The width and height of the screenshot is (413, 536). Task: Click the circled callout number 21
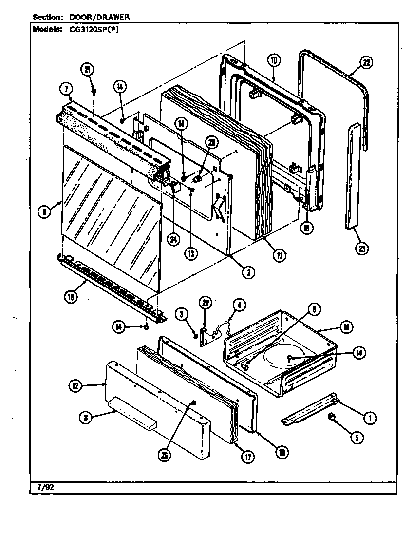(88, 70)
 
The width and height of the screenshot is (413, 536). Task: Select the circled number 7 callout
(66, 89)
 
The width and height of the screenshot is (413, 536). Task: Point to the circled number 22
(366, 62)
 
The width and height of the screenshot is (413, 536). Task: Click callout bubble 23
(361, 249)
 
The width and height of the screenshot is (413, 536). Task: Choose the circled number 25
(211, 143)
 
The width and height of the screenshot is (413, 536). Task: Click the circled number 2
(248, 272)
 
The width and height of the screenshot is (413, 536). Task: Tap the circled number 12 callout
(75, 386)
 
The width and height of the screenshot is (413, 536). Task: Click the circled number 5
(357, 438)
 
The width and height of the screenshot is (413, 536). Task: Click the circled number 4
(238, 306)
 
